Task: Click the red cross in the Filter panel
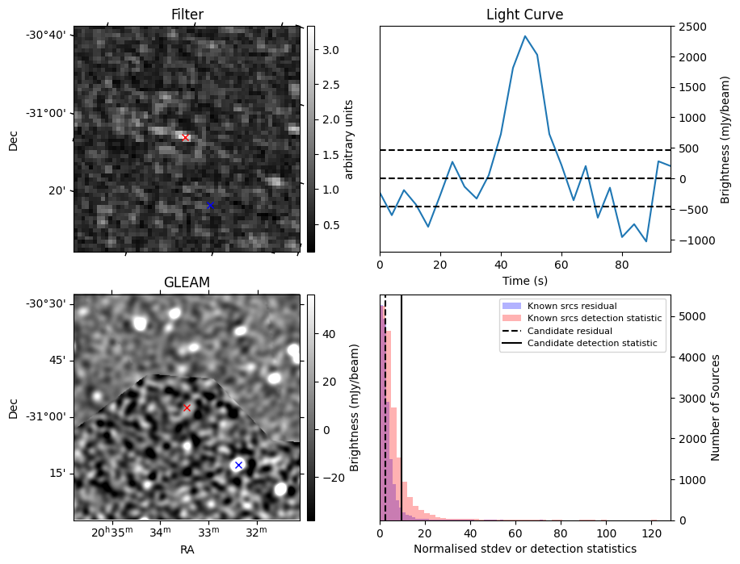(x=186, y=138)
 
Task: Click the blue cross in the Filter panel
(x=211, y=205)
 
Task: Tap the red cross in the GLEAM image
(x=187, y=407)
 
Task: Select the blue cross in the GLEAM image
(x=239, y=465)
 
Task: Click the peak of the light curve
(x=525, y=36)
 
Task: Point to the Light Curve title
(x=525, y=15)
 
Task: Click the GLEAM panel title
(x=187, y=282)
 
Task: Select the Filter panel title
(x=187, y=15)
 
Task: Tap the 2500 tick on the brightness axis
(x=692, y=27)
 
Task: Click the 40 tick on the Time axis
(x=501, y=265)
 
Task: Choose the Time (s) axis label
(x=525, y=281)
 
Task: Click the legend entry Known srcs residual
(x=572, y=306)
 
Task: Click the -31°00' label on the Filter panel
(x=49, y=113)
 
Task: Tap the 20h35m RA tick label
(x=111, y=532)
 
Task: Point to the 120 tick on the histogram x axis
(x=652, y=533)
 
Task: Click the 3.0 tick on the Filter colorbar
(x=330, y=50)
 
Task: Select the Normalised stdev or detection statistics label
(x=525, y=549)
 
